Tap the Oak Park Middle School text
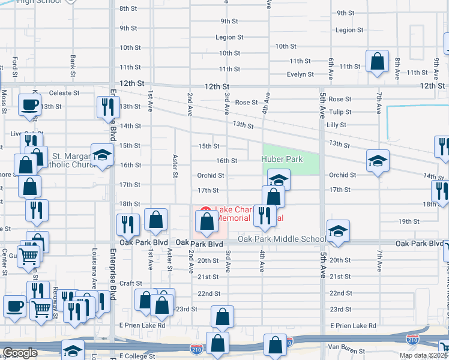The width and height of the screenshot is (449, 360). tap(282, 239)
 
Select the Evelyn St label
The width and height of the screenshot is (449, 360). tap(300, 74)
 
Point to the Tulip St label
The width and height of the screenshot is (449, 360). tap(340, 112)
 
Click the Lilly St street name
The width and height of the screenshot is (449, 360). tap(337, 125)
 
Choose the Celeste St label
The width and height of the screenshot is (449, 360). tap(64, 93)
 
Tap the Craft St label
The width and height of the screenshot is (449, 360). tap(130, 283)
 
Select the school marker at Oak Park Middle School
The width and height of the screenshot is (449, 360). tap(338, 232)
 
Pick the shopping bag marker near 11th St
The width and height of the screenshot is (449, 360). tap(377, 61)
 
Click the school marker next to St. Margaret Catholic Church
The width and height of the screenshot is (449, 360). tap(102, 155)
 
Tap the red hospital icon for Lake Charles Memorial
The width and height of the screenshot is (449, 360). tap(205, 211)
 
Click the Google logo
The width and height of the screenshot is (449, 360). tap(20, 353)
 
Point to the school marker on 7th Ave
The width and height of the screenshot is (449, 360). tap(378, 161)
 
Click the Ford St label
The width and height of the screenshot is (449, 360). tap(15, 63)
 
